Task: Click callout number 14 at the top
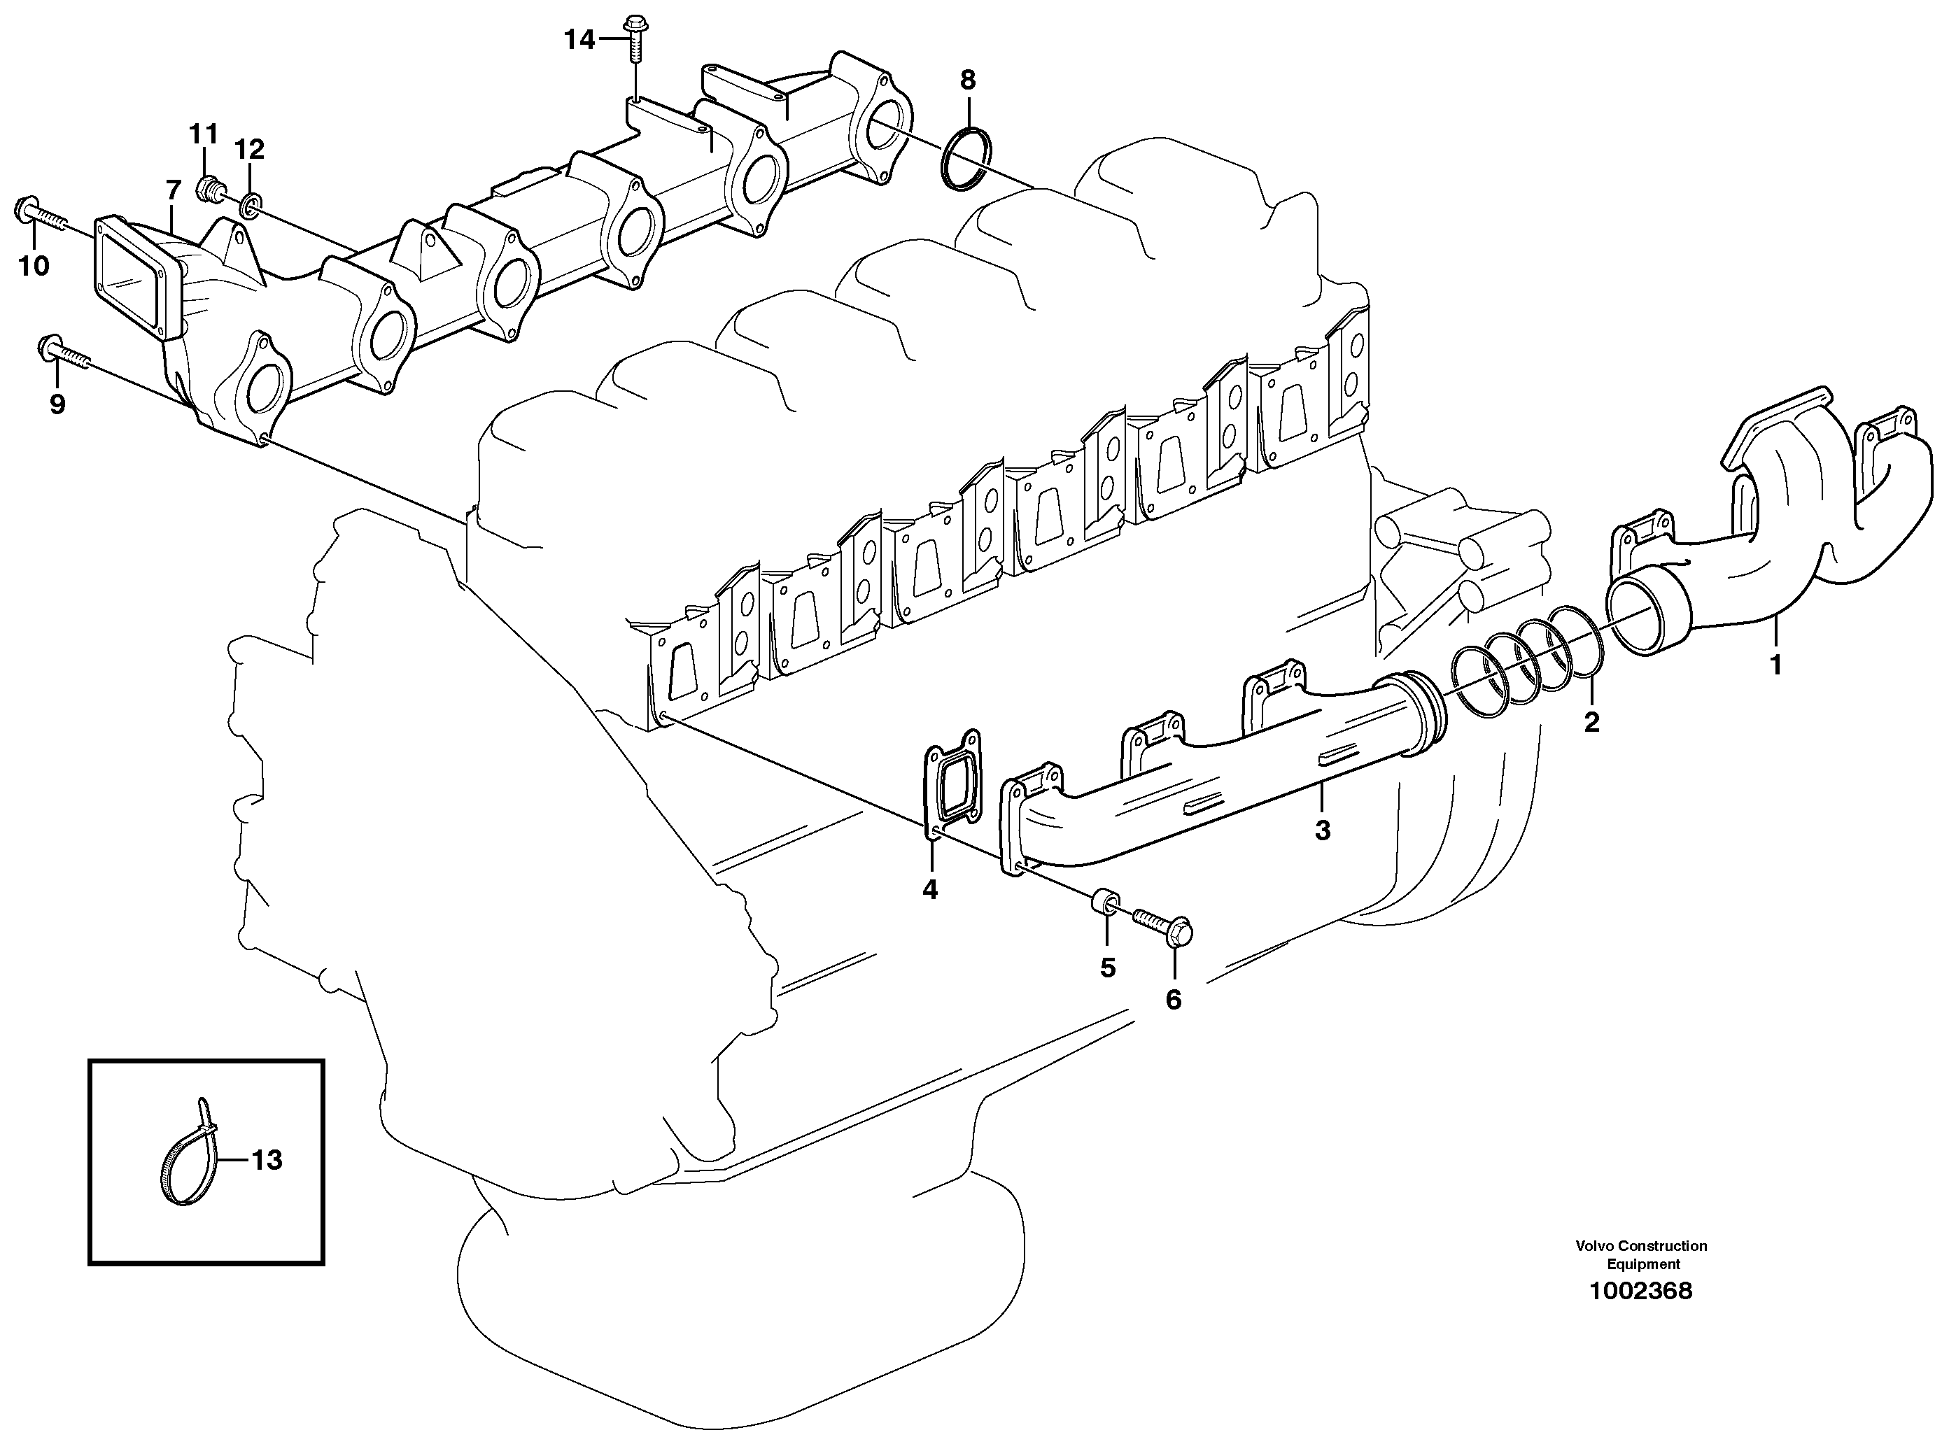[579, 39]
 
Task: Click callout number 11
[203, 134]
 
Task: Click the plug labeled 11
[210, 186]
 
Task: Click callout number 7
[173, 190]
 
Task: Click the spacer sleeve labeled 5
[1104, 904]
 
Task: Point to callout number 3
[1322, 830]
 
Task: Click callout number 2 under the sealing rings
[1591, 722]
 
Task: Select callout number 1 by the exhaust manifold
[1775, 665]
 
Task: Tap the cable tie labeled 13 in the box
[189, 1156]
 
